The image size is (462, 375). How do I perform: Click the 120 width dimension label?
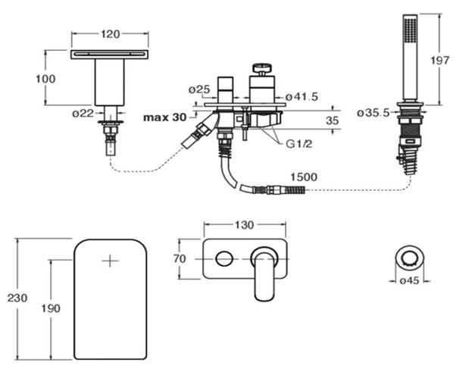click(x=111, y=35)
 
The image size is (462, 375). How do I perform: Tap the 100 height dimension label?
click(x=45, y=79)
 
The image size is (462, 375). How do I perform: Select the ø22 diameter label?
click(x=83, y=113)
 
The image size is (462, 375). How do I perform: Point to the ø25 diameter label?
click(x=199, y=89)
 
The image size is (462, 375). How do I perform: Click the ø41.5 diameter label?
click(x=302, y=96)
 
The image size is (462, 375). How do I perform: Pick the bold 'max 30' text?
click(x=164, y=117)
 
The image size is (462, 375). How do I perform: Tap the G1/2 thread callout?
click(x=298, y=144)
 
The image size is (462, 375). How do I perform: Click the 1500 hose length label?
click(x=304, y=177)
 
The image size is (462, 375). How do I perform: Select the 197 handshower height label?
click(x=439, y=60)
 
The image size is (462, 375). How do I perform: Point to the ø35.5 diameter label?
click(x=373, y=113)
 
